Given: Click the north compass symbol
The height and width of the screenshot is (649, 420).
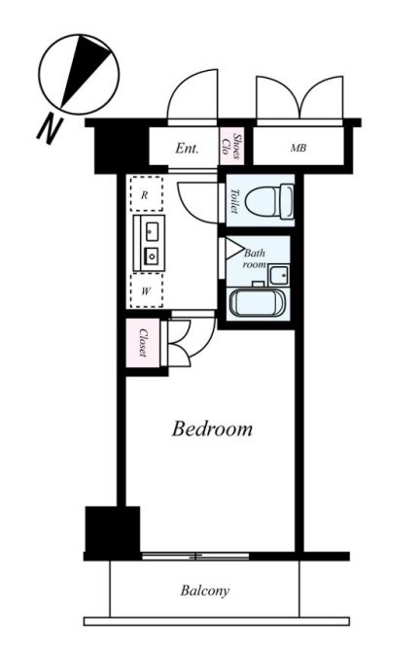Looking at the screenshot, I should coord(79,71).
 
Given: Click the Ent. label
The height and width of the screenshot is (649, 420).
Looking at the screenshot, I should coord(187,149).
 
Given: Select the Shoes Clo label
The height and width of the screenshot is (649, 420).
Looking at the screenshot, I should coord(231,147).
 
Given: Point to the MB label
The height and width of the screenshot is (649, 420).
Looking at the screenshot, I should coord(297,149).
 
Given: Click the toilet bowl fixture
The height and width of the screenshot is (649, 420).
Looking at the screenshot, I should coord(267,202).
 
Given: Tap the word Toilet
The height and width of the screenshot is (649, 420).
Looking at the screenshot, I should coord(234,200).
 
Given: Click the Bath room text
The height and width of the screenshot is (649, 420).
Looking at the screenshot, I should coord(255,258).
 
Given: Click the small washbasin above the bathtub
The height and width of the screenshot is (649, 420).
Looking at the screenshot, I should coord(277,274).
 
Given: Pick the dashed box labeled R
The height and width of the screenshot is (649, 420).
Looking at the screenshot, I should coord(146,195).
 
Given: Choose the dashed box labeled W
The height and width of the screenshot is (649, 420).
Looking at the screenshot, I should coord(146,289).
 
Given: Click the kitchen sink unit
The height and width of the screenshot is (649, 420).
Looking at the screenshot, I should coord(151,243).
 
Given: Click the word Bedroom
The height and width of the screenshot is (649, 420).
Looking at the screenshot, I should coord(212,428).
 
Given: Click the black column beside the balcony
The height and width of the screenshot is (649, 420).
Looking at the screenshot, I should coord(112,530).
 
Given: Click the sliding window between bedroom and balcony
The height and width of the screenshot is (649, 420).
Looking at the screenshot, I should coord(198,557).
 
